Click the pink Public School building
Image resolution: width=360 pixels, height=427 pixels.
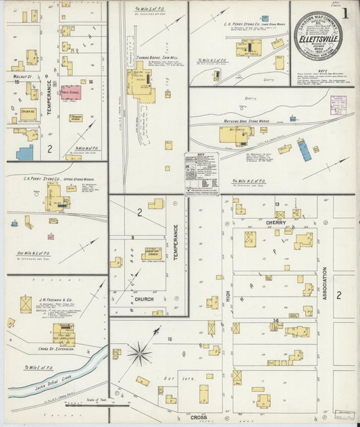(70, 93)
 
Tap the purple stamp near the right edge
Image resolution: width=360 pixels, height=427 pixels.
(338, 105)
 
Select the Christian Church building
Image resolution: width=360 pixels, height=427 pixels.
(151, 254)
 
